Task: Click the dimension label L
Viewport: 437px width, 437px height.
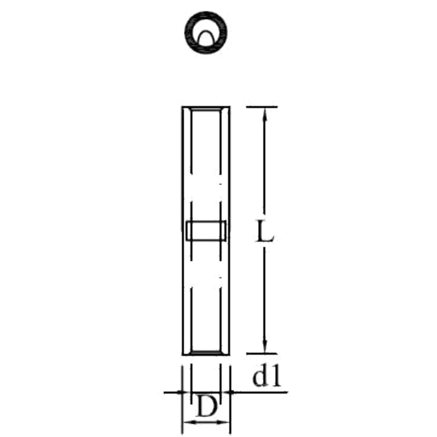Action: click(x=264, y=232)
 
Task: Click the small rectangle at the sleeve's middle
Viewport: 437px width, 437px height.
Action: click(x=206, y=230)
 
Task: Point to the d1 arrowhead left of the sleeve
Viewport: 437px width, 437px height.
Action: click(x=179, y=391)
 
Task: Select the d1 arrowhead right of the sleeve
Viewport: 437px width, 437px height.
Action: click(x=233, y=391)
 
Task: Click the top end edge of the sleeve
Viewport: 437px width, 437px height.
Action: click(x=206, y=107)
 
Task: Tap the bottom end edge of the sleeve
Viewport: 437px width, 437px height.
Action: click(x=206, y=354)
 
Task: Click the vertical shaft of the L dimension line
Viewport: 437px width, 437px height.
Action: click(x=265, y=171)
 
